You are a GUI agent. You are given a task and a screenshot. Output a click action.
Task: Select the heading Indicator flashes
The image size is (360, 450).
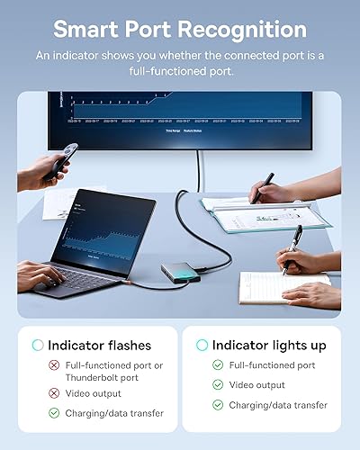(x=99, y=345)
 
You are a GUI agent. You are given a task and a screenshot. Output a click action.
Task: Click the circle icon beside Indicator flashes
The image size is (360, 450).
(x=38, y=345)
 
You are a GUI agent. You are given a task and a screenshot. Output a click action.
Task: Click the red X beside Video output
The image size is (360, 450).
(x=55, y=392)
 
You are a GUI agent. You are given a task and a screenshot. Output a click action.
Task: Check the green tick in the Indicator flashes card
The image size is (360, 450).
(x=55, y=413)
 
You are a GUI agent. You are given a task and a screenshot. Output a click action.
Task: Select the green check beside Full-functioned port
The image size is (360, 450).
(x=218, y=365)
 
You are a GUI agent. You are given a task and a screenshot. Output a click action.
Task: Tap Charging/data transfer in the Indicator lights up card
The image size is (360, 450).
(x=278, y=405)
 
